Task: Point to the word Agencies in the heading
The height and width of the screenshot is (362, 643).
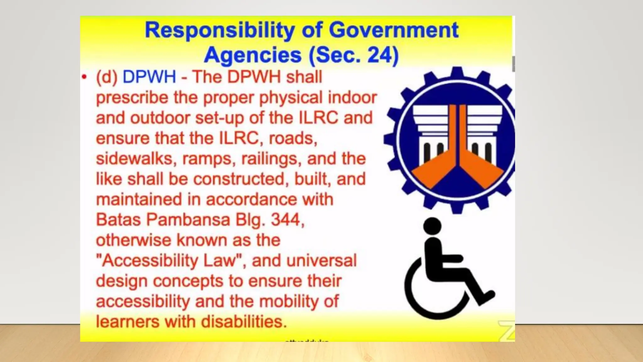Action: (253, 55)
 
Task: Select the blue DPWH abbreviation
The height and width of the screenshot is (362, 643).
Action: (149, 77)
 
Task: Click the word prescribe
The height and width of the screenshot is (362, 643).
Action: (132, 98)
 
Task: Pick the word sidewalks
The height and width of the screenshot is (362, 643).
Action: (135, 159)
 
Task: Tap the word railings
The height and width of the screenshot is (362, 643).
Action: (269, 159)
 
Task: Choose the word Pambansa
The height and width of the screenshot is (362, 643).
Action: (188, 220)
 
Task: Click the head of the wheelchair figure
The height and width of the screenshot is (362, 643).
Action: (432, 226)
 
